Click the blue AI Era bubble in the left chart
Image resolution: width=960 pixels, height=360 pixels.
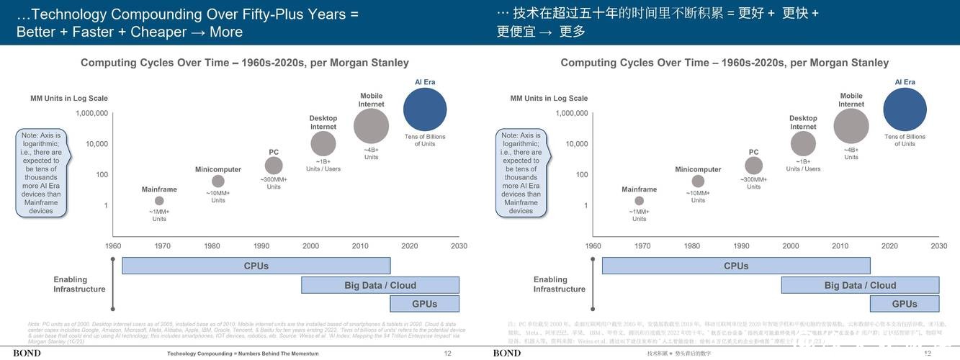tap(425, 110)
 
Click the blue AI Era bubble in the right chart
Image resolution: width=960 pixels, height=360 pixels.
tap(905, 110)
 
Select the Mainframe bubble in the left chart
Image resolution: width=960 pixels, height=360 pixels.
tap(159, 201)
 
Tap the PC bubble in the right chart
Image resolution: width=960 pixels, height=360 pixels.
tap(753, 166)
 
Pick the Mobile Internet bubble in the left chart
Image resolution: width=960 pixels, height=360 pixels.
tap(371, 126)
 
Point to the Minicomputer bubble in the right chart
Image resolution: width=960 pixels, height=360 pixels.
tap(698, 181)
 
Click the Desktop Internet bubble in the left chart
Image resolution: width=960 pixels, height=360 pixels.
tap(323, 144)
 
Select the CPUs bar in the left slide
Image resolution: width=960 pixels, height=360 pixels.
tap(256, 266)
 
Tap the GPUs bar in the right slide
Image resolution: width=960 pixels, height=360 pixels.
tap(905, 304)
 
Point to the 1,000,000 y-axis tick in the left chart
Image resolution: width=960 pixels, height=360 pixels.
tap(91, 113)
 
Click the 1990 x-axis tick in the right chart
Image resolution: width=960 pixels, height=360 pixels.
tap(741, 246)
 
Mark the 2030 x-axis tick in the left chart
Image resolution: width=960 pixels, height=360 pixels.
tap(459, 246)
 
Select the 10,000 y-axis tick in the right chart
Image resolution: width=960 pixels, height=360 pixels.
tap(576, 144)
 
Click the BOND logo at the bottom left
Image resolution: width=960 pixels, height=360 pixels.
tap(27, 354)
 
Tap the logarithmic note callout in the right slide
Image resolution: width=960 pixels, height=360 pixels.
tap(521, 173)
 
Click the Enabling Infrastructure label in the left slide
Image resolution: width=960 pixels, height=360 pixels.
tap(79, 284)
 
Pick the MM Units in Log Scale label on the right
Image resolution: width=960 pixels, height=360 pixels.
tap(549, 99)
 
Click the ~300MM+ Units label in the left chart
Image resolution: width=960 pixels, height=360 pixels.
tap(274, 183)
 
